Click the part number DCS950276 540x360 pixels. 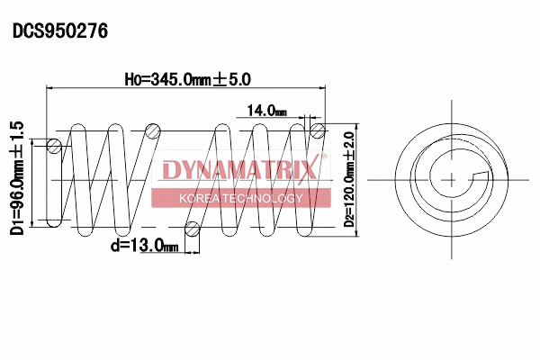pyautogui.click(x=60, y=31)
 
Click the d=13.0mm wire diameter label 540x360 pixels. pyautogui.click(x=144, y=246)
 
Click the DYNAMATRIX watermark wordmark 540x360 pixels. pyautogui.click(x=238, y=170)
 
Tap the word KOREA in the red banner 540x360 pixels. pyautogui.click(x=200, y=198)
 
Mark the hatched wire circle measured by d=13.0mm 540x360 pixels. pyautogui.click(x=191, y=226)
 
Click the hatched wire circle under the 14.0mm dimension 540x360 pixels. pyautogui.click(x=317, y=131)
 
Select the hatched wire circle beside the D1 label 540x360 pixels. pyautogui.click(x=55, y=146)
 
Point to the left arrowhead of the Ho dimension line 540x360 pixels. pyautogui.click(x=49, y=88)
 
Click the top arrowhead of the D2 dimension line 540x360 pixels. pyautogui.click(x=359, y=125)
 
